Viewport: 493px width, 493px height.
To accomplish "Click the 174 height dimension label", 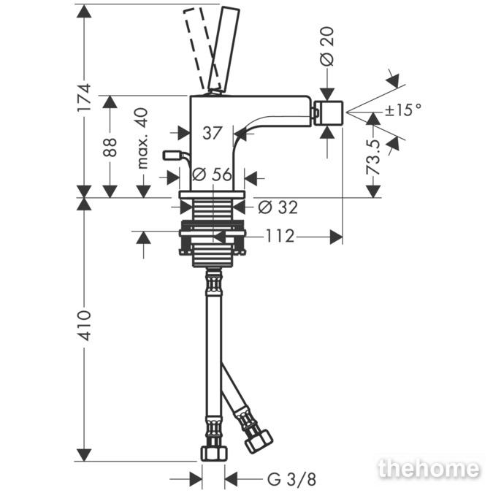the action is click(x=84, y=96).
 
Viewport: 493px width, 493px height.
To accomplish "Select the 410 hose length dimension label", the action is click(x=84, y=326).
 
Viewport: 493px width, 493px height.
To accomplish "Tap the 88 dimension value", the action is click(x=110, y=147).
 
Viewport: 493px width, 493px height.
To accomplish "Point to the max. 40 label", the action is click(x=142, y=138).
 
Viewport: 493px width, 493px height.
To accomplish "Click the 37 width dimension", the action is click(x=213, y=133).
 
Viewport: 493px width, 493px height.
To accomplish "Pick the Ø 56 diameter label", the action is click(x=213, y=175).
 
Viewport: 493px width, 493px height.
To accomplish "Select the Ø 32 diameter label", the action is click(x=278, y=207).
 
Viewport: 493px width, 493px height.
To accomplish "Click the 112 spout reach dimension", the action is click(x=280, y=236).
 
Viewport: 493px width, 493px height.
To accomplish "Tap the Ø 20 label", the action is click(x=327, y=47).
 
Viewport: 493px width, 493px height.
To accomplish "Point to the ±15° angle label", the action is click(x=403, y=110).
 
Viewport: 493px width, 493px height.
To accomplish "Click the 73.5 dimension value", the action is click(x=373, y=158).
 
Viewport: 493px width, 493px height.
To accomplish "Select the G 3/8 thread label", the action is click(x=291, y=479).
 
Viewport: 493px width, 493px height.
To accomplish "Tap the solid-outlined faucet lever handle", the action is click(x=223, y=49).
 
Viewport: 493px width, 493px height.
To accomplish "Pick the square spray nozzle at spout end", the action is click(x=329, y=113).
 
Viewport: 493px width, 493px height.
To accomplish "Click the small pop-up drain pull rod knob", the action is click(x=172, y=156).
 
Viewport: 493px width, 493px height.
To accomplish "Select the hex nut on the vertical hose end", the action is click(x=214, y=452).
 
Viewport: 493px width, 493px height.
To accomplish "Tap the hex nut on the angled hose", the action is click(x=259, y=440).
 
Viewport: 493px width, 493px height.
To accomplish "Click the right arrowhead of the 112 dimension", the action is click(x=336, y=237).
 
